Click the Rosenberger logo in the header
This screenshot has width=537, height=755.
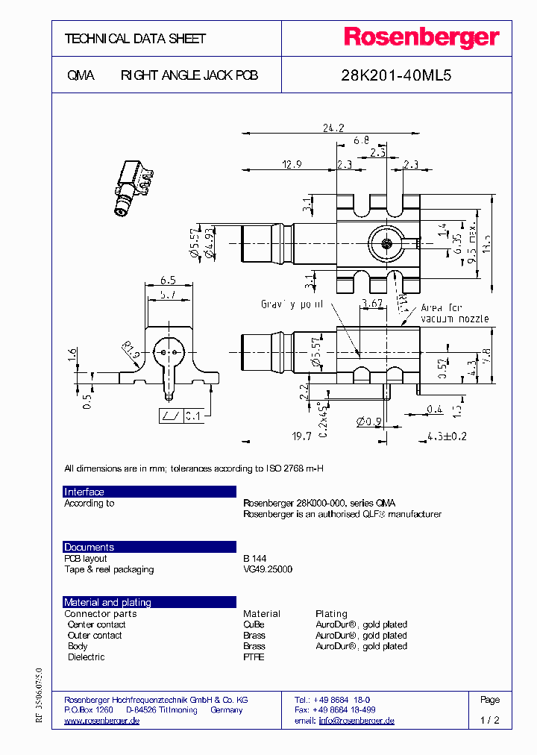(x=421, y=38)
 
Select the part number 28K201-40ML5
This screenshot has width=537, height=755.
(x=396, y=75)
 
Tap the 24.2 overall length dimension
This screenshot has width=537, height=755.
(x=333, y=128)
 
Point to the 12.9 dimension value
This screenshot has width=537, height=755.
(x=292, y=163)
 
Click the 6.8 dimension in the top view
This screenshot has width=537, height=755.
(x=361, y=140)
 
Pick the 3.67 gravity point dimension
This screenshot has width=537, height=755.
(x=371, y=303)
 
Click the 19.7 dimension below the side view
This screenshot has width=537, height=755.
(x=301, y=436)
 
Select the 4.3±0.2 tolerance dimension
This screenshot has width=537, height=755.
(x=447, y=436)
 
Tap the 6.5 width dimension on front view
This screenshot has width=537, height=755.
(x=168, y=281)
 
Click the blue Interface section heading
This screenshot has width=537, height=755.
(x=84, y=492)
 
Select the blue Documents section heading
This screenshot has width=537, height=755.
(x=89, y=547)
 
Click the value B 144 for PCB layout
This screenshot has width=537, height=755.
(x=254, y=558)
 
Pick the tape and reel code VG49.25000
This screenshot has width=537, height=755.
(x=268, y=569)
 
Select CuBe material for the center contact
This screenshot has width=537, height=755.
(x=254, y=624)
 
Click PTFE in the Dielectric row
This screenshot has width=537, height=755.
(x=254, y=657)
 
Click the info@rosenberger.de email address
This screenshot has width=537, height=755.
(x=357, y=721)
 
